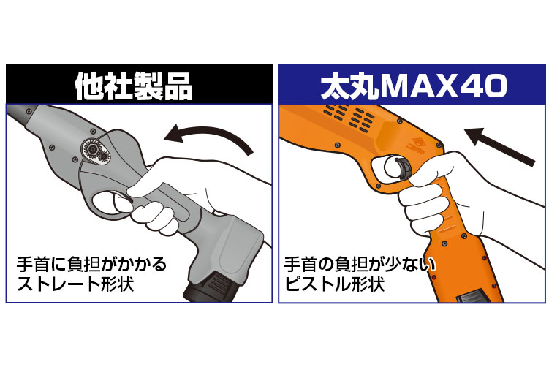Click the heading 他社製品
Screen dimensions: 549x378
tap(134, 86)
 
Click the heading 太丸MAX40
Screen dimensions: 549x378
tap(414, 86)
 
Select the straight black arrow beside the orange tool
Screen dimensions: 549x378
tap(499, 146)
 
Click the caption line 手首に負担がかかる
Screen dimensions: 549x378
tap(91, 264)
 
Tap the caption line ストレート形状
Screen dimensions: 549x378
tap(75, 283)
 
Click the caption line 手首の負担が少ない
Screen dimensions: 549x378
tap(360, 265)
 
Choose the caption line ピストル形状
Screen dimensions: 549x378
tap(334, 284)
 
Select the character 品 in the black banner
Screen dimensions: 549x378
tap(178, 86)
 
